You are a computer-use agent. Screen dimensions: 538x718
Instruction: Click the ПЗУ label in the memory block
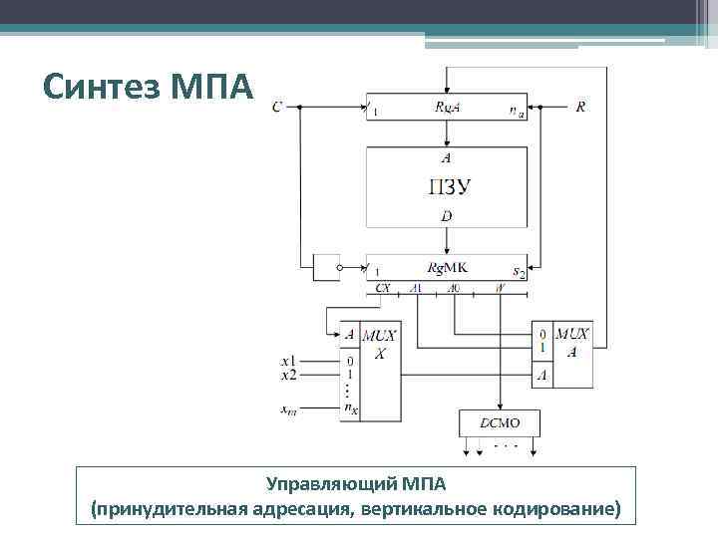coord(449,186)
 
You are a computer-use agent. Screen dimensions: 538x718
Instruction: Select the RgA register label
coord(447,108)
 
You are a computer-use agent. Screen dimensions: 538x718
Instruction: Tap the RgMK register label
coord(448,268)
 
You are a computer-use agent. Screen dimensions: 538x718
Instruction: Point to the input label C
coord(276,106)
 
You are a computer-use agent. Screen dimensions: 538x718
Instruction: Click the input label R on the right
coord(580,106)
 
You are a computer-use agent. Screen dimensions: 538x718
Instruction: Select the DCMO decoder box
coord(499,422)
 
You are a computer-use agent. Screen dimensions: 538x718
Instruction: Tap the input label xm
coord(288,407)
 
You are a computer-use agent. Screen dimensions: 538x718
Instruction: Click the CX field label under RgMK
coord(383,288)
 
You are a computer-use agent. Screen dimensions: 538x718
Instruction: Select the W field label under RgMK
coord(499,288)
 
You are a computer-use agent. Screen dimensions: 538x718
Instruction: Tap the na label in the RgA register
coord(518,113)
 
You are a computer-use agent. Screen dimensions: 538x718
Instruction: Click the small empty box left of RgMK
coord(325,268)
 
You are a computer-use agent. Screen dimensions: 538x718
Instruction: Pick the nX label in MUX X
coord(350,407)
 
